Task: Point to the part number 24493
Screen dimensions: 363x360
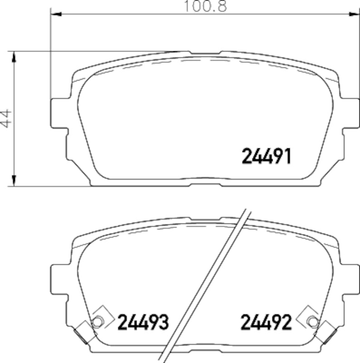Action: pyautogui.click(x=143, y=322)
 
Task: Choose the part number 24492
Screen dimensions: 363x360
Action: pyautogui.click(x=266, y=322)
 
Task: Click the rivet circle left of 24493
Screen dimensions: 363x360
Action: pyautogui.click(x=97, y=321)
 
